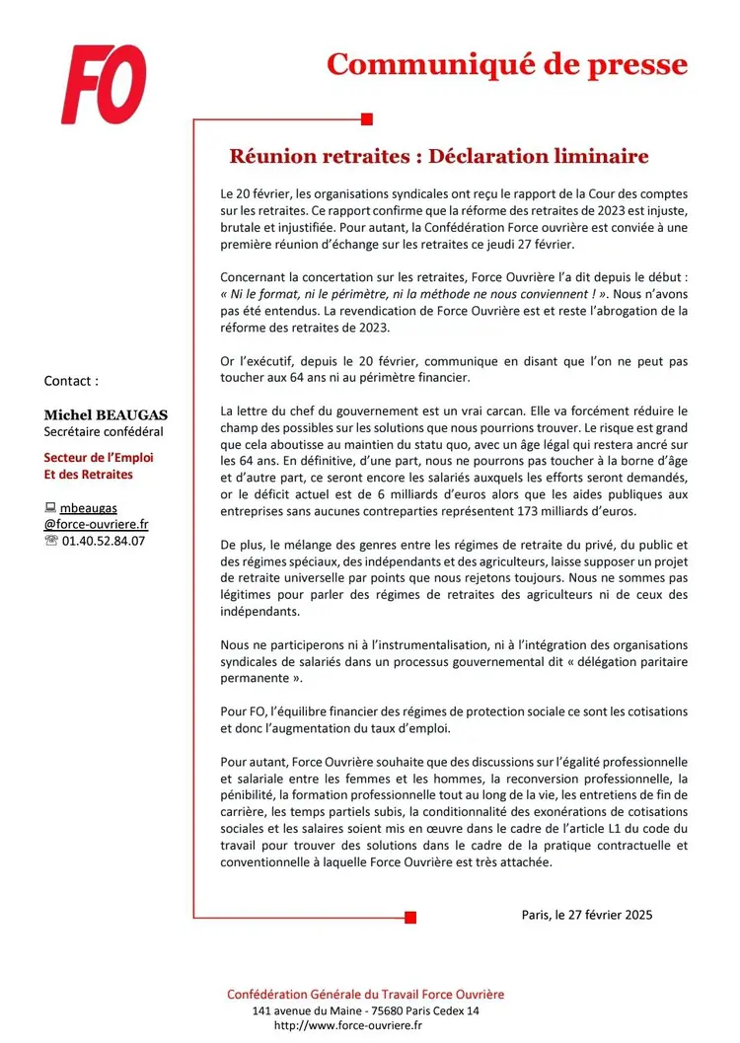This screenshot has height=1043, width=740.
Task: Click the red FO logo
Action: (103, 85)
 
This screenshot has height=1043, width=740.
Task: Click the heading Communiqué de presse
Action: (506, 64)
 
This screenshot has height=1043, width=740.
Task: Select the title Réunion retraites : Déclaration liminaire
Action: (438, 156)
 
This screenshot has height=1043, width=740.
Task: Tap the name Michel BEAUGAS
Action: (105, 415)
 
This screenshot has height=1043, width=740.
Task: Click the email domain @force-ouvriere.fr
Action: (96, 524)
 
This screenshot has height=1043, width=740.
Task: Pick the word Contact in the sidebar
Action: (71, 380)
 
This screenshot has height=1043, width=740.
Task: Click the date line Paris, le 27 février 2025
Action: (587, 914)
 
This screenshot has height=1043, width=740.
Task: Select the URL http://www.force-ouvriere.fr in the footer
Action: (347, 1025)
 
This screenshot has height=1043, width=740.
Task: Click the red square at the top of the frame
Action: (367, 119)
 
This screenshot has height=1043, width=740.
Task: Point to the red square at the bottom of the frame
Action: (410, 917)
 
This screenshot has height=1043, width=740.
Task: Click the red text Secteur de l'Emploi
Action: (99, 458)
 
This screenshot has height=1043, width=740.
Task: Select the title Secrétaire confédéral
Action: (104, 431)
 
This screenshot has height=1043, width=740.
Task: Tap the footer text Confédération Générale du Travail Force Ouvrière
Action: (365, 994)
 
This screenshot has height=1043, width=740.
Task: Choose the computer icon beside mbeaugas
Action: (50, 508)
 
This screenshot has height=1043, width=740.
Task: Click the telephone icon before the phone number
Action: (51, 541)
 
